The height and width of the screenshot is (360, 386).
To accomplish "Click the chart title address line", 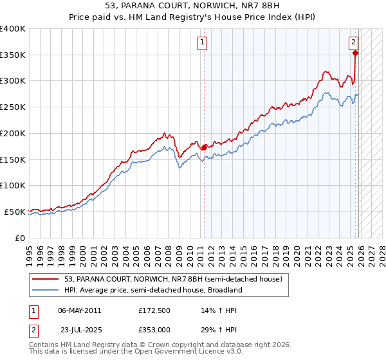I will (192, 5).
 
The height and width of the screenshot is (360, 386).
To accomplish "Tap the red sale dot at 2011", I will (205, 147).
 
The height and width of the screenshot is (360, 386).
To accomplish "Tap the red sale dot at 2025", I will (356, 53).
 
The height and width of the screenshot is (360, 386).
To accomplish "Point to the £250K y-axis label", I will (13, 107).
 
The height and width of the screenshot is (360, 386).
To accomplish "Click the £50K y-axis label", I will (15, 212).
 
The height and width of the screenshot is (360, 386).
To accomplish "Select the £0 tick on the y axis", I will (20, 238).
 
